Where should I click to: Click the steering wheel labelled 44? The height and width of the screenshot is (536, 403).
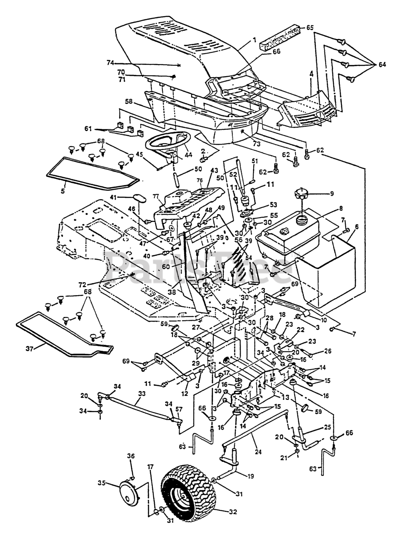pyautogui.click(x=167, y=142)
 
